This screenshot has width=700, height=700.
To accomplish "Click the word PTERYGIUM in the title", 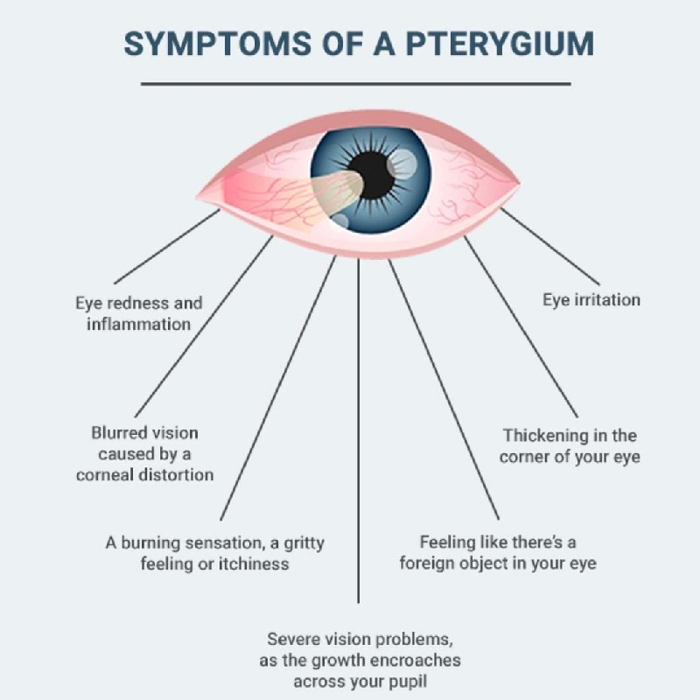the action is pyautogui.click(x=500, y=44).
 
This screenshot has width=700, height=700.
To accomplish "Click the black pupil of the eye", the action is pyautogui.click(x=373, y=176).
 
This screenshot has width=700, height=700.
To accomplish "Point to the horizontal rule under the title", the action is pyautogui.click(x=356, y=83).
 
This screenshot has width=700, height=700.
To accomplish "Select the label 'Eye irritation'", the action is pyautogui.click(x=591, y=299).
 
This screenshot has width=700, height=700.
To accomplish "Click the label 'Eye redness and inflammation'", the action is pyautogui.click(x=139, y=313).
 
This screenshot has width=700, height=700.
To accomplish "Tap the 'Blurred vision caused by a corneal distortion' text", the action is pyautogui.click(x=144, y=453).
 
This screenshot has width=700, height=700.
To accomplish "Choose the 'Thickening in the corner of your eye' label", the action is pyautogui.click(x=570, y=446).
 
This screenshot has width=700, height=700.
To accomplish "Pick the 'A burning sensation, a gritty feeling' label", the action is pyautogui.click(x=214, y=553).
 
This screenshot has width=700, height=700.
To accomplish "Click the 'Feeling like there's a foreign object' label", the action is pyautogui.click(x=498, y=552).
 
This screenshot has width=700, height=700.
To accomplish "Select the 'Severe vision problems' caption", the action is pyautogui.click(x=360, y=660).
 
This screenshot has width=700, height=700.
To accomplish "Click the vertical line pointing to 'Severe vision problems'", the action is pyautogui.click(x=358, y=430).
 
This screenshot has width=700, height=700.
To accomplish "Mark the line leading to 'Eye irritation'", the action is pyautogui.click(x=550, y=246).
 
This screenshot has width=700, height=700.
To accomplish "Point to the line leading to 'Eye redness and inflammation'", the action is pyautogui.click(x=167, y=246).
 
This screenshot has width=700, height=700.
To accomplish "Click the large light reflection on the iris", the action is pyautogui.click(x=402, y=164).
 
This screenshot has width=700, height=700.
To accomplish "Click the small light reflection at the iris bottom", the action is pyautogui.click(x=339, y=221).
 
